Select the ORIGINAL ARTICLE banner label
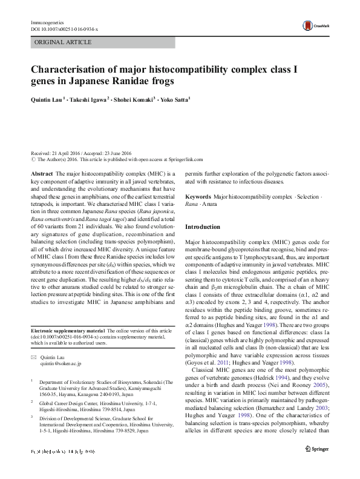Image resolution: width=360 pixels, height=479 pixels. point(64,42)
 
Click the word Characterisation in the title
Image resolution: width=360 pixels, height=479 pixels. point(73,69)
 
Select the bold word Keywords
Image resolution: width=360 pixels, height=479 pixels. point(198,197)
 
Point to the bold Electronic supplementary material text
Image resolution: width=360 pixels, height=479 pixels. point(67,330)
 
